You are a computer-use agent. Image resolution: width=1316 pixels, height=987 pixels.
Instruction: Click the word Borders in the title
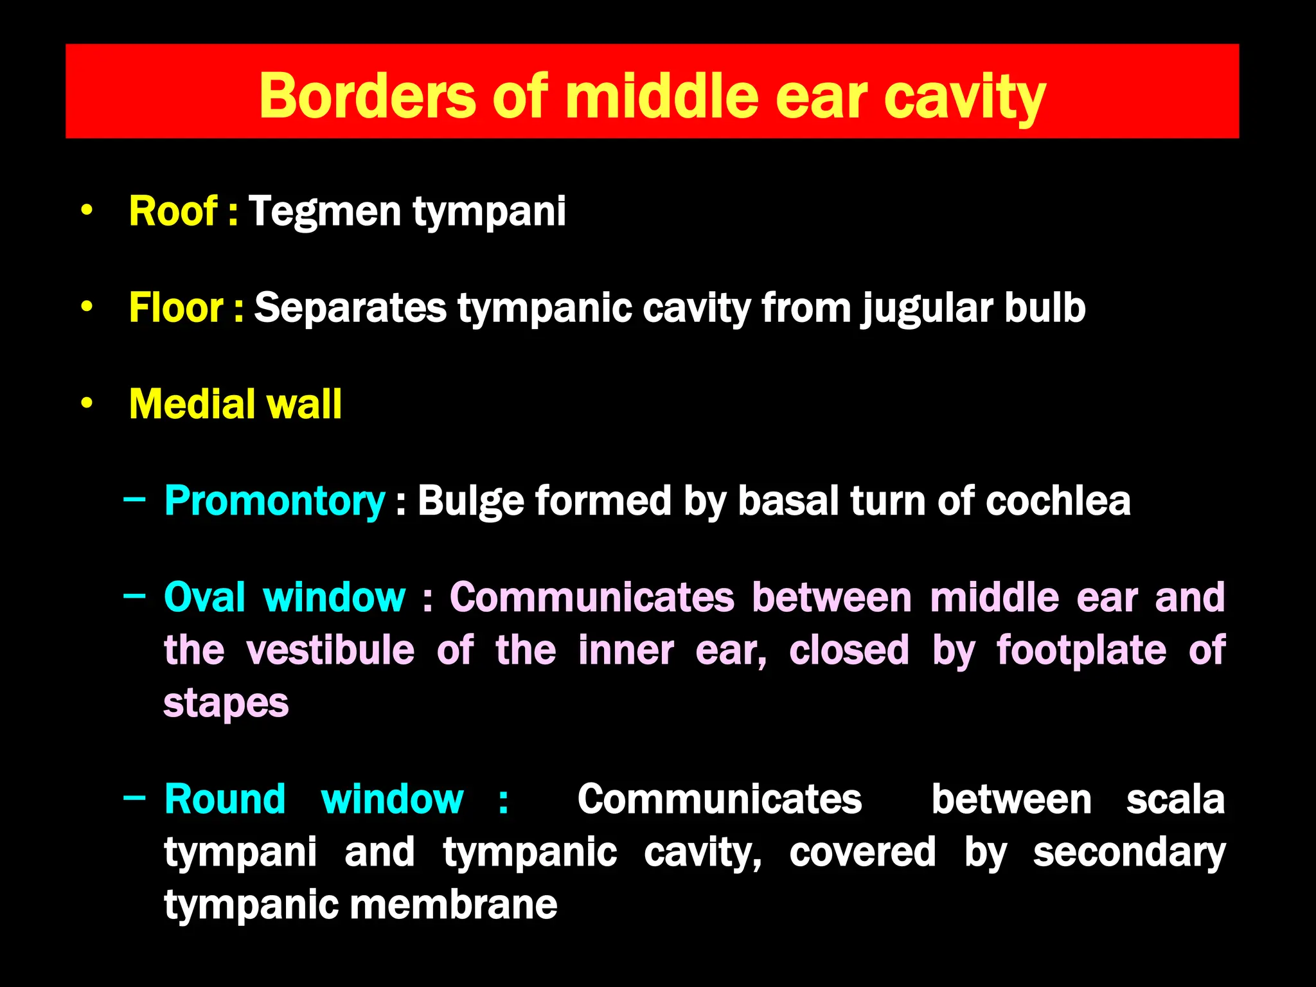click(x=367, y=96)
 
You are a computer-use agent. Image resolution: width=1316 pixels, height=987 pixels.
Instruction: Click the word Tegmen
click(x=325, y=212)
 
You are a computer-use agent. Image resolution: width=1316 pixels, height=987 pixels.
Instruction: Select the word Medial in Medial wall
click(x=188, y=404)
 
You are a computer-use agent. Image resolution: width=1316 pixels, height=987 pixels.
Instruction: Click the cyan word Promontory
click(x=274, y=501)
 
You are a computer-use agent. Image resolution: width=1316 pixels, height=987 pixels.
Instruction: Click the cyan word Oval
click(x=204, y=597)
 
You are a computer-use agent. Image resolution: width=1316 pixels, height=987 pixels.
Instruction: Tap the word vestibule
click(x=330, y=650)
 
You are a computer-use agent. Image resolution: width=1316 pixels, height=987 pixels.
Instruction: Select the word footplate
click(x=1081, y=651)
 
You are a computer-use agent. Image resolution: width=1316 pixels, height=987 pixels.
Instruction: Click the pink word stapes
click(x=226, y=704)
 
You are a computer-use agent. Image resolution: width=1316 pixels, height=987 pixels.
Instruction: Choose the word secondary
click(x=1129, y=853)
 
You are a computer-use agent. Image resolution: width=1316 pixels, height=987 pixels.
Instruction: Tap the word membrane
click(x=453, y=905)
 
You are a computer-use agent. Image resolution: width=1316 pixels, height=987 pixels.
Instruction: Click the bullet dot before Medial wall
click(x=87, y=404)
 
